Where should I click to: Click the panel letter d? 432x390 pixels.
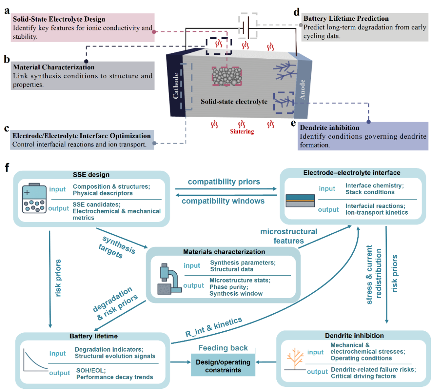(x=296, y=12)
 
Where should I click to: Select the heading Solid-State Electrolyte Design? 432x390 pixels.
(x=59, y=19)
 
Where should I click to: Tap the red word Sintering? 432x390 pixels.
(x=242, y=131)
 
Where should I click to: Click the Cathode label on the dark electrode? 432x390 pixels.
(x=176, y=86)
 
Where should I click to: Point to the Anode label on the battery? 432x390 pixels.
(x=302, y=90)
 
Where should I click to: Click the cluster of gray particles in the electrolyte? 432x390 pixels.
(x=227, y=76)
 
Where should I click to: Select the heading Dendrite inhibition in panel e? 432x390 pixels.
(x=330, y=127)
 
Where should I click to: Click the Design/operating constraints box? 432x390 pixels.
(x=223, y=366)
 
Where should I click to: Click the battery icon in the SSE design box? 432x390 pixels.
(x=34, y=198)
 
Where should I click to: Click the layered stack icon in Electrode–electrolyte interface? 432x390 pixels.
(x=300, y=201)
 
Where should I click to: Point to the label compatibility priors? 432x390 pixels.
(x=224, y=182)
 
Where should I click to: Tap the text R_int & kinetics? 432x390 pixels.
(x=214, y=327)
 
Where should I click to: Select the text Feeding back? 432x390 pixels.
(x=223, y=348)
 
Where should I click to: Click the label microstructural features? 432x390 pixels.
(x=289, y=236)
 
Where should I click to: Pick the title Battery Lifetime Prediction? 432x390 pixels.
(x=346, y=18)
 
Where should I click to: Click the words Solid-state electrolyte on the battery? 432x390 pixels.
(x=234, y=101)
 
